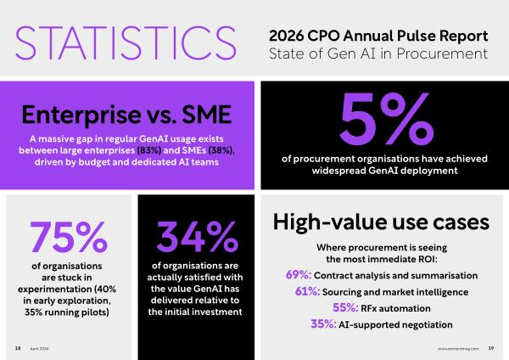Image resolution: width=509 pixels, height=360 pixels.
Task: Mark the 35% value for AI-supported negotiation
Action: pyautogui.click(x=323, y=324)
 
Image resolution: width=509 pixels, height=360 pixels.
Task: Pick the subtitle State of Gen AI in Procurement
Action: pyautogui.click(x=378, y=53)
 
